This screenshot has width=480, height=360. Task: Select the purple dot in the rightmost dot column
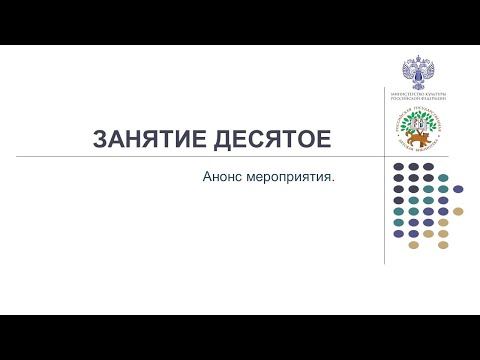(x=458, y=189)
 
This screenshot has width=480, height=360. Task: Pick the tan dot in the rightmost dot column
(x=458, y=211)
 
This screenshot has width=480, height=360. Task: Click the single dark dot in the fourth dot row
(x=398, y=200)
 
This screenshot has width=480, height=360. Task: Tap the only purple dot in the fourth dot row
(x=443, y=200)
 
